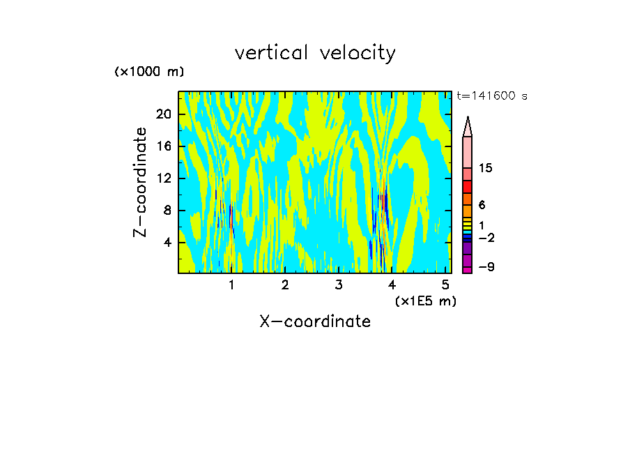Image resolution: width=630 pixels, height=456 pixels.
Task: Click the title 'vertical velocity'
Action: [315, 53]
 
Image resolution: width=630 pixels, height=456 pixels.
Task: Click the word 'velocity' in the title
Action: [358, 53]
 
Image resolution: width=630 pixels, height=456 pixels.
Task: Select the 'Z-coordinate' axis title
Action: [141, 182]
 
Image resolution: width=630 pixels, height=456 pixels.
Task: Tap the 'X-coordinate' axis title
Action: [315, 321]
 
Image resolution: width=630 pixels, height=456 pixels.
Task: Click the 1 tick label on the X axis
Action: [231, 284]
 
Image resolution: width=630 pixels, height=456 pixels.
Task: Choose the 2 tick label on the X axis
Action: [285, 284]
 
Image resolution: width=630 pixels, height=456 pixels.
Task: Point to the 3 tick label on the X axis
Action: [339, 284]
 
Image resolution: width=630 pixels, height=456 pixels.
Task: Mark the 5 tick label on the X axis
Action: [445, 284]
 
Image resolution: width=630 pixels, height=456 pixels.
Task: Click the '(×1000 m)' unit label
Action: [149, 73]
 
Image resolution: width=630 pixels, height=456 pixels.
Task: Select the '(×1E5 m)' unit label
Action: [425, 301]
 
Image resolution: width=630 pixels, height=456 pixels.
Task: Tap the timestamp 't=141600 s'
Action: [492, 96]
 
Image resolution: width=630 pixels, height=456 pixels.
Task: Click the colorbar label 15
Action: [486, 169]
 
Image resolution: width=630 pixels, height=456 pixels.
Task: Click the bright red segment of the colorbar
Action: [467, 187]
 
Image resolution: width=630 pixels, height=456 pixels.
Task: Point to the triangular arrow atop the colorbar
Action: [468, 126]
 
